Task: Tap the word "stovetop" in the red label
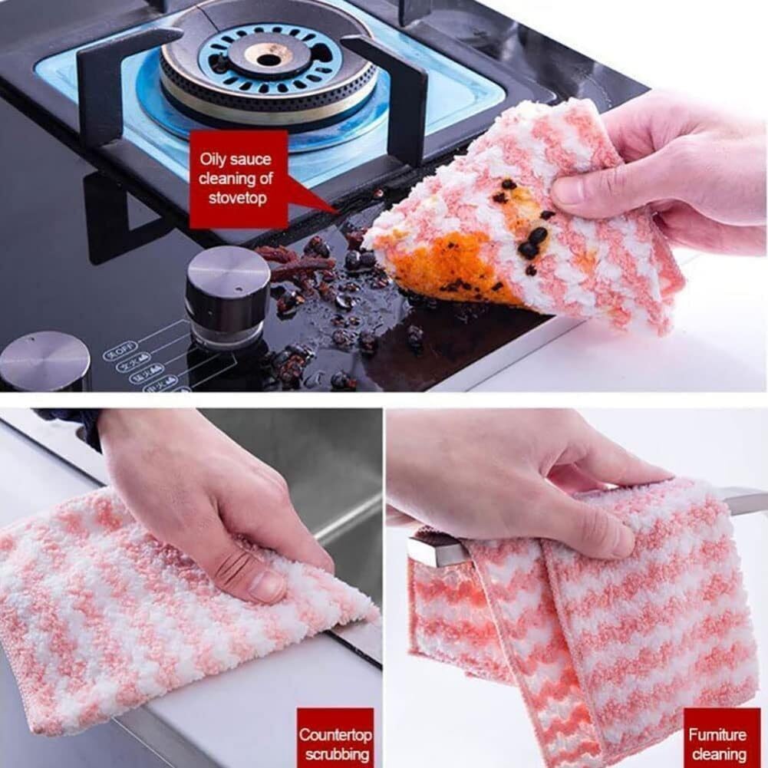click(x=238, y=197)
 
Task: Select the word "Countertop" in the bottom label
click(x=335, y=734)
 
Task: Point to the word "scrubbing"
click(x=336, y=754)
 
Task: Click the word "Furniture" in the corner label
click(x=717, y=734)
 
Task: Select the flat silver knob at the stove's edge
click(x=44, y=360)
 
